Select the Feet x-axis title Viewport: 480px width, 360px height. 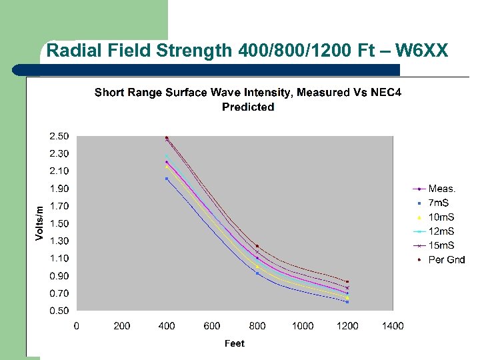(234, 343)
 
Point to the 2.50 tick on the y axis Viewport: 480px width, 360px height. (59, 137)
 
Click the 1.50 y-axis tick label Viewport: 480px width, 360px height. (59, 223)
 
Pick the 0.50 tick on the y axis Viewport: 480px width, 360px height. (59, 311)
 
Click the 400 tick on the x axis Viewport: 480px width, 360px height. (167, 326)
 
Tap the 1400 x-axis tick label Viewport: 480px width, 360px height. (393, 326)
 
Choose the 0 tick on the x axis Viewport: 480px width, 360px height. (77, 326)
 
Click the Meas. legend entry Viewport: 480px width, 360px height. (441, 189)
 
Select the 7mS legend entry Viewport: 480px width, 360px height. (439, 203)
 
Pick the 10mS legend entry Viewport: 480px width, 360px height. (441, 217)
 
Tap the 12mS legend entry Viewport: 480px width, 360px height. (441, 231)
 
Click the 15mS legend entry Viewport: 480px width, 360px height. (441, 245)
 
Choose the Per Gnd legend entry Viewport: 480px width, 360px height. (446, 259)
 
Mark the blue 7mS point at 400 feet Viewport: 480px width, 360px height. (167, 179)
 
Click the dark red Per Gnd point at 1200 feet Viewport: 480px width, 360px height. (347, 281)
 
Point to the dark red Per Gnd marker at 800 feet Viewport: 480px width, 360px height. (257, 246)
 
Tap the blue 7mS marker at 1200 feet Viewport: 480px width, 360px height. (347, 302)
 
